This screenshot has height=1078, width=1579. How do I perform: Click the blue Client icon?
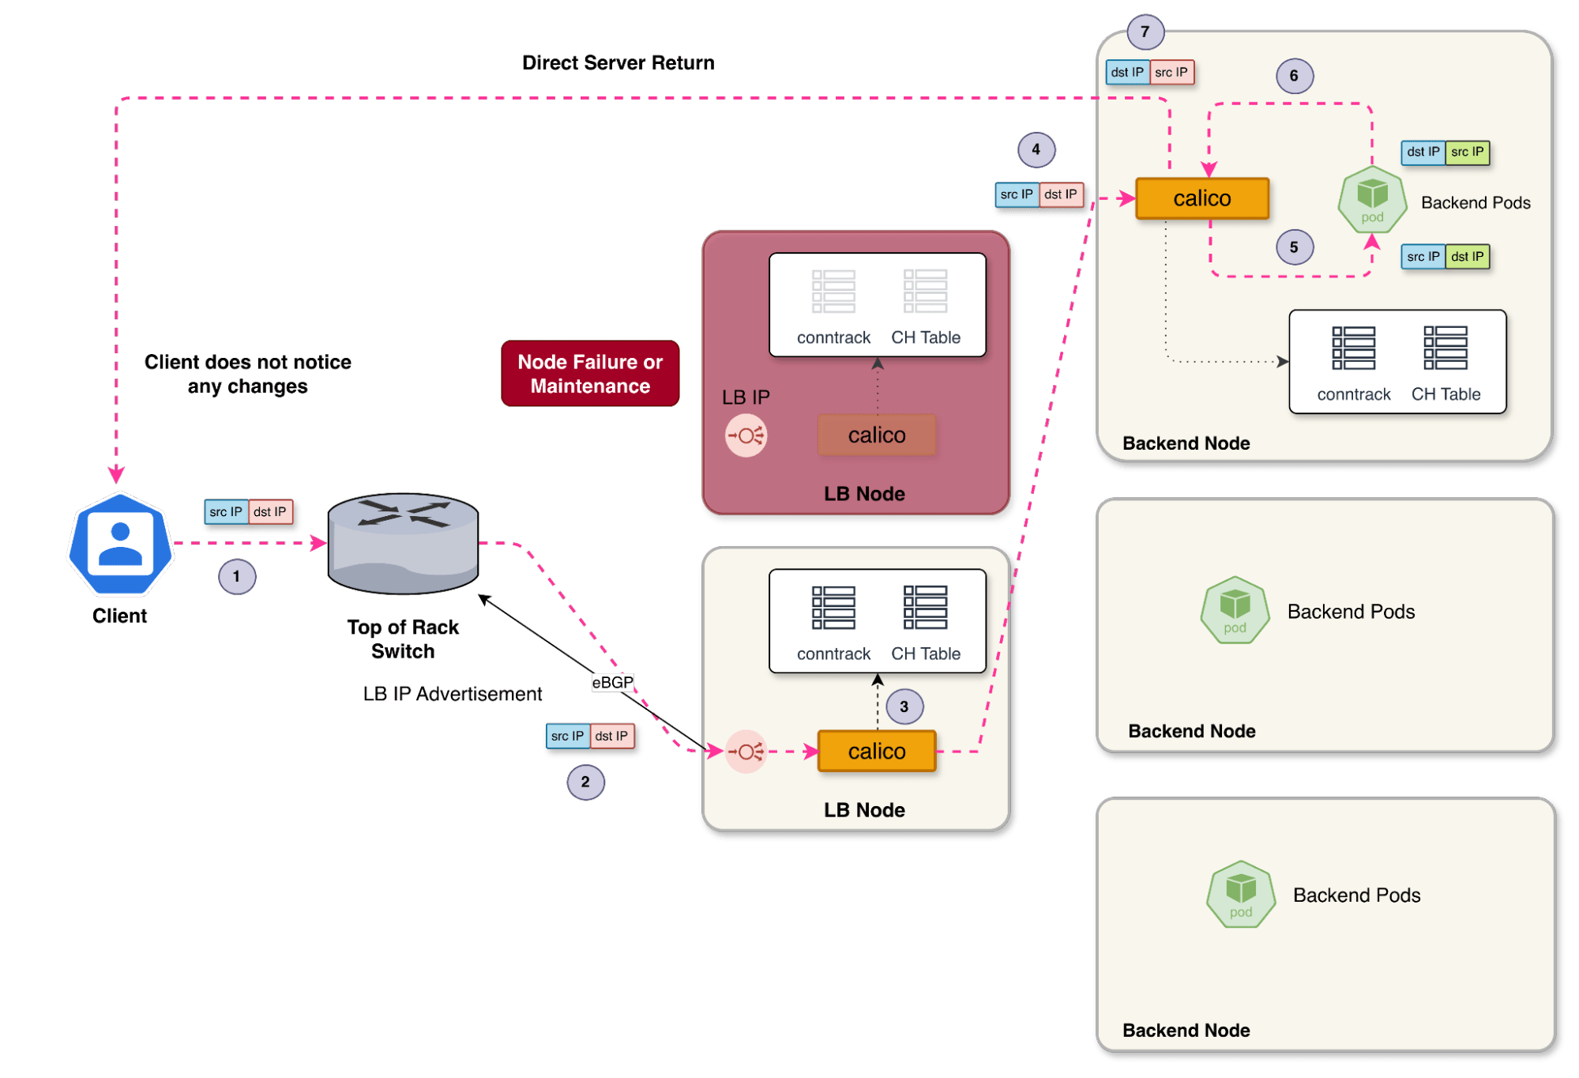pyautogui.click(x=120, y=544)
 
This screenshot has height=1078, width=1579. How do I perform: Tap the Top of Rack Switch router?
pyautogui.click(x=403, y=544)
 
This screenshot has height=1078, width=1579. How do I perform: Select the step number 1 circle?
pyautogui.click(x=237, y=576)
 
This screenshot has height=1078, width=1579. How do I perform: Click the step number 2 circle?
pyautogui.click(x=585, y=782)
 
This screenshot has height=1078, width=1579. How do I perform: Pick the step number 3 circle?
pyautogui.click(x=904, y=707)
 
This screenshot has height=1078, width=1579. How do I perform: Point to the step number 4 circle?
pyautogui.click(x=1036, y=149)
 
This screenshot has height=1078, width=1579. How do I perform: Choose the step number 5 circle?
pyautogui.click(x=1295, y=247)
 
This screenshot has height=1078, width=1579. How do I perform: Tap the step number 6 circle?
pyautogui.click(x=1295, y=76)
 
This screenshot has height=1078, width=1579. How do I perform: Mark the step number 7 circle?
pyautogui.click(x=1145, y=32)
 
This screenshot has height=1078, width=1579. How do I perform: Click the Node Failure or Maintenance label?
pyautogui.click(x=590, y=374)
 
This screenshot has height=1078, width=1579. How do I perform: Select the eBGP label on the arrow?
pyautogui.click(x=613, y=682)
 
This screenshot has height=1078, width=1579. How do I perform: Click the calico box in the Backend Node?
pyautogui.click(x=1202, y=198)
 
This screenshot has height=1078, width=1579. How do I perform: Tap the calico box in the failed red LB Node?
pyautogui.click(x=877, y=435)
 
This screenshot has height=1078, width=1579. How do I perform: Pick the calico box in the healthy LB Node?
pyautogui.click(x=877, y=751)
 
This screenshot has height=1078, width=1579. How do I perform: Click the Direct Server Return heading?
pyautogui.click(x=618, y=62)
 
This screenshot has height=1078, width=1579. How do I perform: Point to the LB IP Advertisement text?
pyautogui.click(x=453, y=694)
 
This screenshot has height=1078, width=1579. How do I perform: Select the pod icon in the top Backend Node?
pyautogui.click(x=1373, y=199)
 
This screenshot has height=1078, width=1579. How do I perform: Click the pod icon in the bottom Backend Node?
pyautogui.click(x=1241, y=894)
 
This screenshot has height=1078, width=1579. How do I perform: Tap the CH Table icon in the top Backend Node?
pyautogui.click(x=1446, y=348)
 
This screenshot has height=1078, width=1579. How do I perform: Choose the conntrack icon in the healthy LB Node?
pyautogui.click(x=833, y=608)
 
